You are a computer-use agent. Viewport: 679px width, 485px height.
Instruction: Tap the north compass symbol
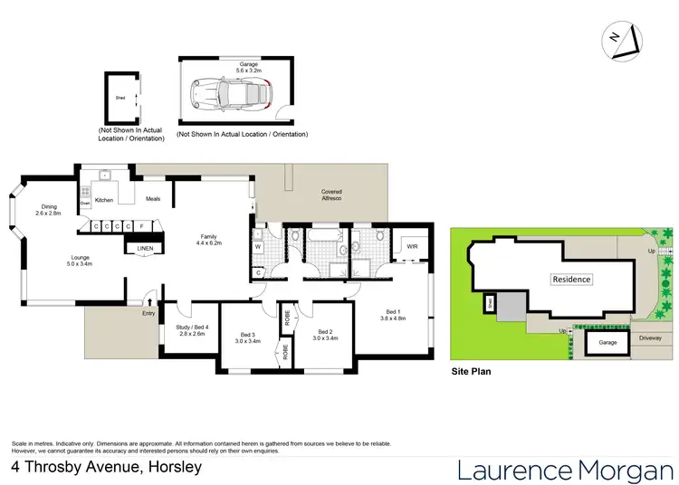624,39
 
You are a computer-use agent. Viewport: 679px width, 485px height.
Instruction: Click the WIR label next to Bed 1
412,245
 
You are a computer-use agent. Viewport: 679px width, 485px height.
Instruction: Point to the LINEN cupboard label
145,248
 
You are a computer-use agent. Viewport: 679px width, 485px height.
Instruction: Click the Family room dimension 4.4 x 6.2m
210,243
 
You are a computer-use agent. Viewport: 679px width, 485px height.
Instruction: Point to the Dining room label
49,206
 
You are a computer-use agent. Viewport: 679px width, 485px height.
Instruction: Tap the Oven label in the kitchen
84,204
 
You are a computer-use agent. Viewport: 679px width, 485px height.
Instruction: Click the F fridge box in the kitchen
140,225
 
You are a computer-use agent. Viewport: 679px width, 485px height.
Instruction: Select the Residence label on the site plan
571,280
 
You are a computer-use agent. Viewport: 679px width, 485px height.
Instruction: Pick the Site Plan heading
472,372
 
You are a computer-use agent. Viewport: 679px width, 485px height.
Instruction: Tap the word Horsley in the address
170,468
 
